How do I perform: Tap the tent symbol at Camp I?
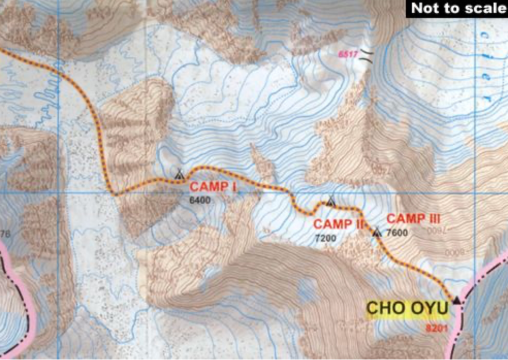180,174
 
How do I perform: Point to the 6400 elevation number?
200,200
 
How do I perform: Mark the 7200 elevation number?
326,238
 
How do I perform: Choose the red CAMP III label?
413,219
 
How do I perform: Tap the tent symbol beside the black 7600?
377,233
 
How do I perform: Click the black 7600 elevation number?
397,233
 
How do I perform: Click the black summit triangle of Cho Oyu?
456,299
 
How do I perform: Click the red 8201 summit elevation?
436,328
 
